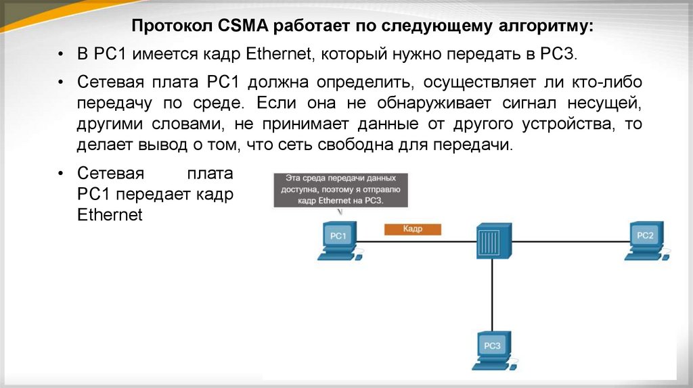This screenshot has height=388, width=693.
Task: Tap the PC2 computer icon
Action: click(x=645, y=239)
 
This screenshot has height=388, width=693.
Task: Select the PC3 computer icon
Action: click(x=493, y=349)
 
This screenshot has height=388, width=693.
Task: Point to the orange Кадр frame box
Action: click(x=412, y=229)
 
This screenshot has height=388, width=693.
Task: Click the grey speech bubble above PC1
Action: click(x=341, y=189)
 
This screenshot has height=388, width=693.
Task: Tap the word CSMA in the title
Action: click(x=244, y=27)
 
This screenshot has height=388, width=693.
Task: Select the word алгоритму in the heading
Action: click(x=545, y=27)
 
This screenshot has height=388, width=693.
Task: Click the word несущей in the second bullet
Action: click(x=607, y=103)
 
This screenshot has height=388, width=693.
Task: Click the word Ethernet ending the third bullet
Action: click(x=110, y=216)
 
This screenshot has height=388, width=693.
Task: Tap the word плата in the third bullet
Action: click(x=209, y=174)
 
